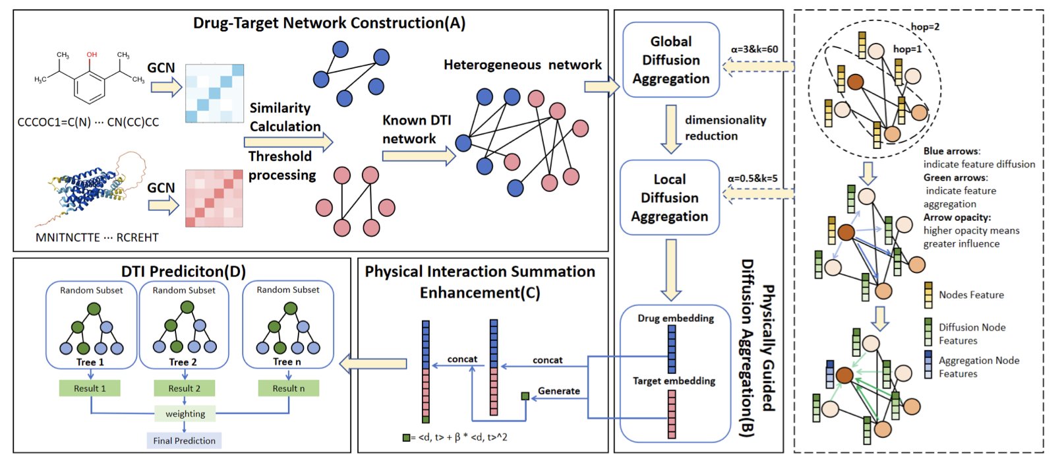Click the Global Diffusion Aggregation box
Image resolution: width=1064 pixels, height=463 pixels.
click(x=670, y=60)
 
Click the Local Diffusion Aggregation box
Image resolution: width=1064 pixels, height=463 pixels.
click(x=669, y=198)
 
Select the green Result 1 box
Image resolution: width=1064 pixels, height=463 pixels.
click(x=90, y=388)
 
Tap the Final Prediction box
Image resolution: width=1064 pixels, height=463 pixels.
click(x=184, y=441)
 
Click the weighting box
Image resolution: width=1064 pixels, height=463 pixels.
click(x=185, y=414)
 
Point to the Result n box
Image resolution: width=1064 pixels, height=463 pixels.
click(x=289, y=388)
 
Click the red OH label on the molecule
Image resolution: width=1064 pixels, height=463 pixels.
click(x=92, y=55)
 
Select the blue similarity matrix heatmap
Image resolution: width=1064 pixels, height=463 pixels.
click(x=214, y=93)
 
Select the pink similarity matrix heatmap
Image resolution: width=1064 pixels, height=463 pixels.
click(x=214, y=198)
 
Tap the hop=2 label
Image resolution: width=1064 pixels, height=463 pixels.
click(x=925, y=27)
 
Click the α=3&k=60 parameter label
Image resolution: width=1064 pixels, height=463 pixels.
click(x=754, y=49)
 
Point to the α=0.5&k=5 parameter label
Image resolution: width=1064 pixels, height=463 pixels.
click(x=752, y=178)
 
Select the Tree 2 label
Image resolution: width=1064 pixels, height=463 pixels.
click(x=183, y=362)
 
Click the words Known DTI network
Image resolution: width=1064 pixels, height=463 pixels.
click(x=417, y=129)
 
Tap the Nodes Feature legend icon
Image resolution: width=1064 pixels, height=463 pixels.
click(x=928, y=295)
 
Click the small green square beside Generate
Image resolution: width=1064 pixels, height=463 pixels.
click(x=525, y=396)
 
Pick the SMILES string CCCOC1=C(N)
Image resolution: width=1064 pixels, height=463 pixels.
click(x=54, y=123)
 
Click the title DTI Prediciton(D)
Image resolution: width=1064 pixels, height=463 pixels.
click(x=183, y=272)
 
